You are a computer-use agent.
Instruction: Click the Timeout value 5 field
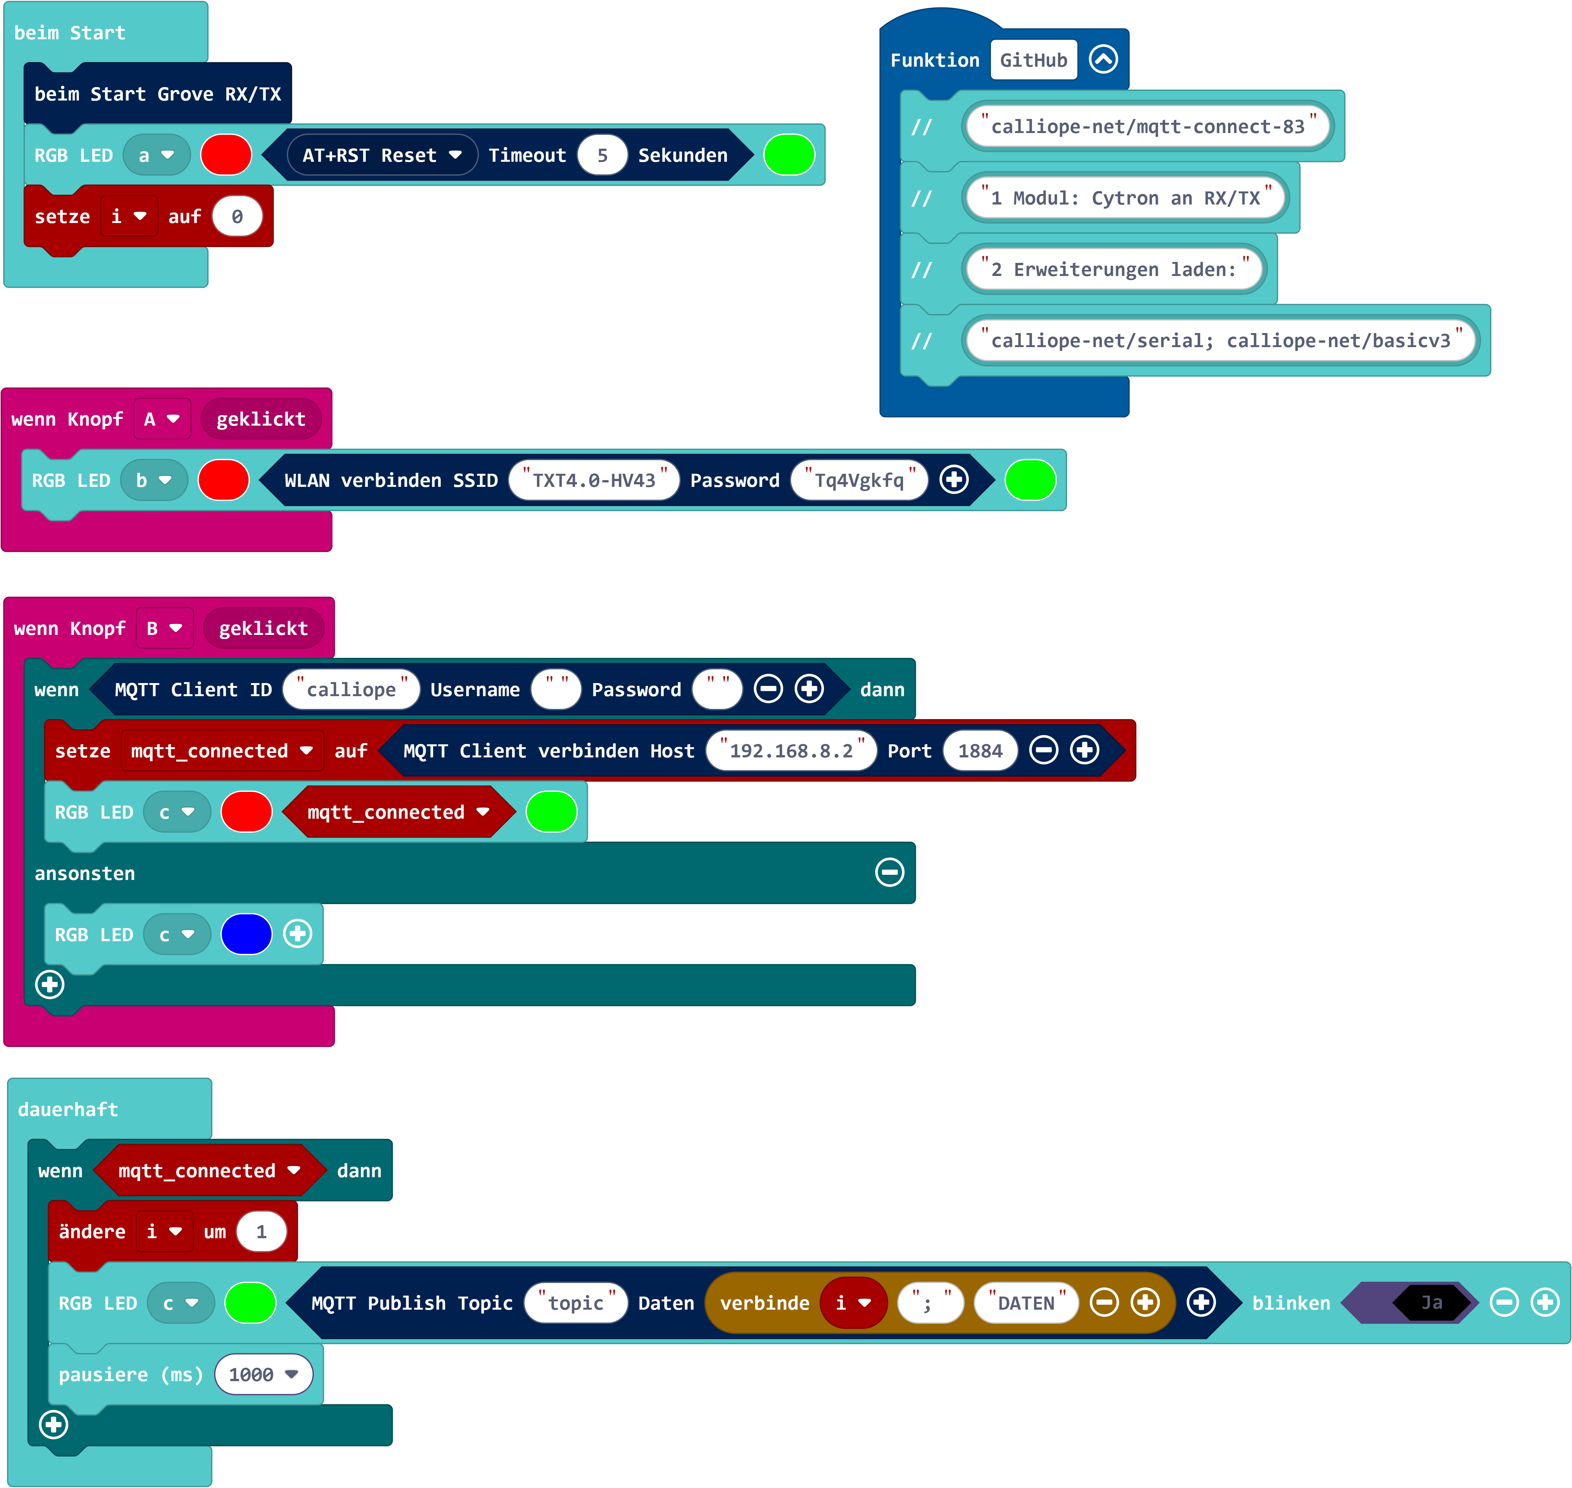[x=602, y=155]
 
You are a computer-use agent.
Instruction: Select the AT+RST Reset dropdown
[x=382, y=155]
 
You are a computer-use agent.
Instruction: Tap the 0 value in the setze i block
[x=237, y=217]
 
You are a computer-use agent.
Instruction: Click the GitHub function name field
[x=1034, y=60]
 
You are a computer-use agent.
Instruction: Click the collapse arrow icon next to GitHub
[x=1103, y=59]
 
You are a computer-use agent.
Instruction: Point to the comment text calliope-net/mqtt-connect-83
[x=1148, y=127]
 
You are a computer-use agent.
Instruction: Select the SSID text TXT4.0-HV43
[x=594, y=481]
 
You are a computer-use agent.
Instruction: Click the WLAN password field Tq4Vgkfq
[x=860, y=481]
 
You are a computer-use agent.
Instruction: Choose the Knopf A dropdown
[x=162, y=419]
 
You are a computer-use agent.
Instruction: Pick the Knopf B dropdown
[x=164, y=628]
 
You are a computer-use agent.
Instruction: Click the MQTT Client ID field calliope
[x=351, y=689]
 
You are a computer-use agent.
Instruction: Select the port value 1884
[x=980, y=750]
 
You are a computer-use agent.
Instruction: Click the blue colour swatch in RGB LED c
[x=247, y=934]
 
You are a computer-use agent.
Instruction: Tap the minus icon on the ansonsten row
[x=889, y=873]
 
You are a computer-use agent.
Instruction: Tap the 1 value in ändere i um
[x=261, y=1232]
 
